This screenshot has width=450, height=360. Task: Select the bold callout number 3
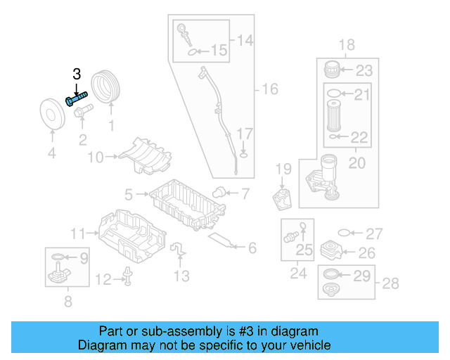click(x=77, y=74)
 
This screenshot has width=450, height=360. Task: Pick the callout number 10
click(x=95, y=156)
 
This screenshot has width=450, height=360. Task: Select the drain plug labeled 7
click(x=219, y=191)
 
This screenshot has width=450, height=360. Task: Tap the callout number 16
click(x=270, y=89)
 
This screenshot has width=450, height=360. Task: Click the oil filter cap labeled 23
click(x=332, y=70)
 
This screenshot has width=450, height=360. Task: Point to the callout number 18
click(x=347, y=46)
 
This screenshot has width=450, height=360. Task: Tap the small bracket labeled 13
click(x=179, y=249)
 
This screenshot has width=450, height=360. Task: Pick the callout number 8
click(x=67, y=303)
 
